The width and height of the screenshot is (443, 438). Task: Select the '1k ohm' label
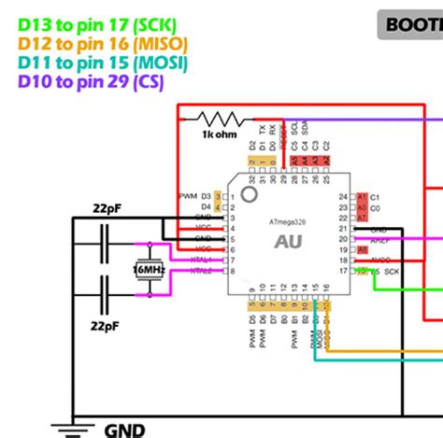(220, 135)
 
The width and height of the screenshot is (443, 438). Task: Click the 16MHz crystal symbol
(149, 270)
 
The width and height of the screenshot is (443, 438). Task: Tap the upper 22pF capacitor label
(105, 207)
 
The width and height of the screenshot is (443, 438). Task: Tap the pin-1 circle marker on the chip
(249, 193)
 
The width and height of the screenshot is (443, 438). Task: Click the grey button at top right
(411, 24)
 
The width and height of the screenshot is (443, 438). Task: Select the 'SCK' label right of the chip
(391, 271)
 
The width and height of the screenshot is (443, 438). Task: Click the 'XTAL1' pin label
(201, 261)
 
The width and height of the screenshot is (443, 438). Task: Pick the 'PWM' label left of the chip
(188, 196)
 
